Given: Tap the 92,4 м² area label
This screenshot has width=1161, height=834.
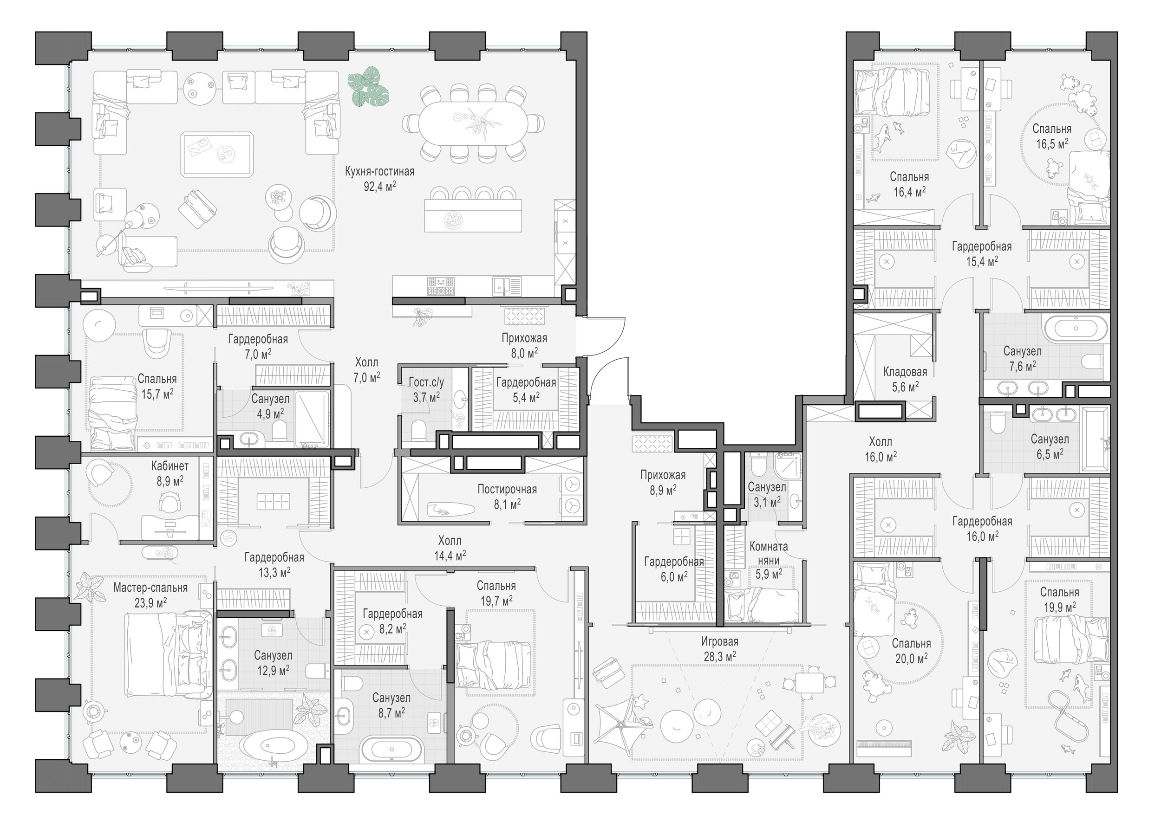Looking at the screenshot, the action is (x=380, y=186).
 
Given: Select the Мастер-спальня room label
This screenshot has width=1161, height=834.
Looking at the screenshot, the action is (x=150, y=588).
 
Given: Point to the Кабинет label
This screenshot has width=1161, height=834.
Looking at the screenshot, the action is (x=170, y=466).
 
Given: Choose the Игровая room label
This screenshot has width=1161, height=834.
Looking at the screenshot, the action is (x=720, y=641).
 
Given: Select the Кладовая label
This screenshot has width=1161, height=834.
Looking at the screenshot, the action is (x=905, y=372).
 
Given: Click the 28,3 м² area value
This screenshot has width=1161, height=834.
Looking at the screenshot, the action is (x=720, y=656).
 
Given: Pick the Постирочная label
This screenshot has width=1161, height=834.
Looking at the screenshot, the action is (x=507, y=489).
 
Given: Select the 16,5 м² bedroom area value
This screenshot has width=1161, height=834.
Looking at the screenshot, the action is (x=1052, y=144).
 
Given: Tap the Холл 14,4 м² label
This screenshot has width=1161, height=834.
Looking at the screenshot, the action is (x=450, y=548).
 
